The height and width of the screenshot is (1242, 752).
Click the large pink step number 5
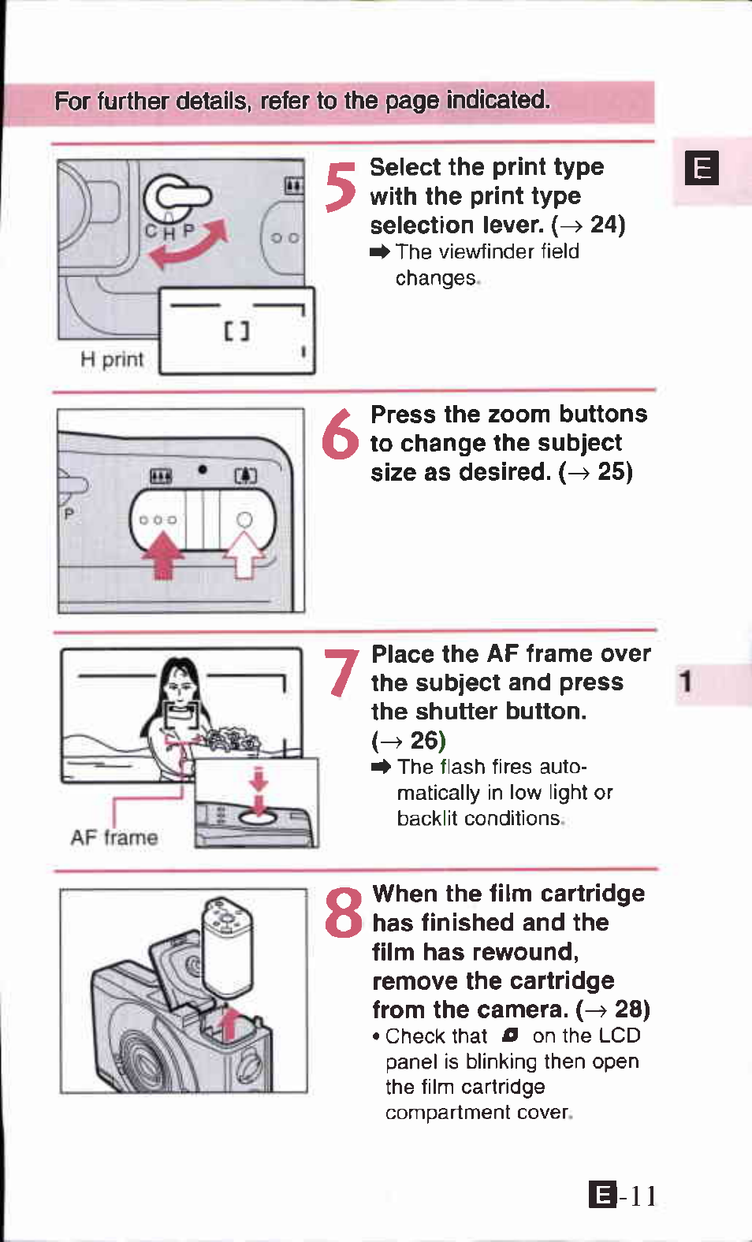[340, 187]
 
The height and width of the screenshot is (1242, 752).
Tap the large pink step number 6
[340, 434]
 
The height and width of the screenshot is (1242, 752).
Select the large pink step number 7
[341, 672]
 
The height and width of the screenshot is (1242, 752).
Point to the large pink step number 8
[343, 912]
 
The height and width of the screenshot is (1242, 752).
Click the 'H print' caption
[112, 360]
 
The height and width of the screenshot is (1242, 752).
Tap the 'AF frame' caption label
[114, 837]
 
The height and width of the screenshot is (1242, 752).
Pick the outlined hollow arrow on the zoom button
[244, 555]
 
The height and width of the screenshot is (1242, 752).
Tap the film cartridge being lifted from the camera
[227, 947]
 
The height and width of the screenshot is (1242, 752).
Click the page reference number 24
[604, 225]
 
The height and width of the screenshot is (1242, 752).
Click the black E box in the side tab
[702, 167]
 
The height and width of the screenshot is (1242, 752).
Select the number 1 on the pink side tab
[686, 682]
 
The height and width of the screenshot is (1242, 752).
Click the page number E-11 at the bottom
[623, 1196]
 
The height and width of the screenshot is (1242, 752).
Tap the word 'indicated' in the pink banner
[498, 100]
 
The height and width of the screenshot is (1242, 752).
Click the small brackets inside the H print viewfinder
[236, 331]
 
